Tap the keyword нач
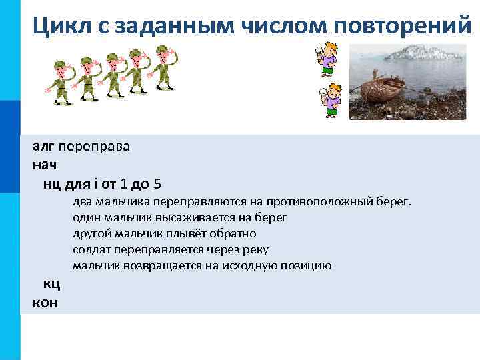click(43, 165)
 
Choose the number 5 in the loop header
click(157, 183)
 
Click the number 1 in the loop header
click(125, 183)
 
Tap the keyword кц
click(51, 285)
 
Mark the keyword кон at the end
click(45, 303)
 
